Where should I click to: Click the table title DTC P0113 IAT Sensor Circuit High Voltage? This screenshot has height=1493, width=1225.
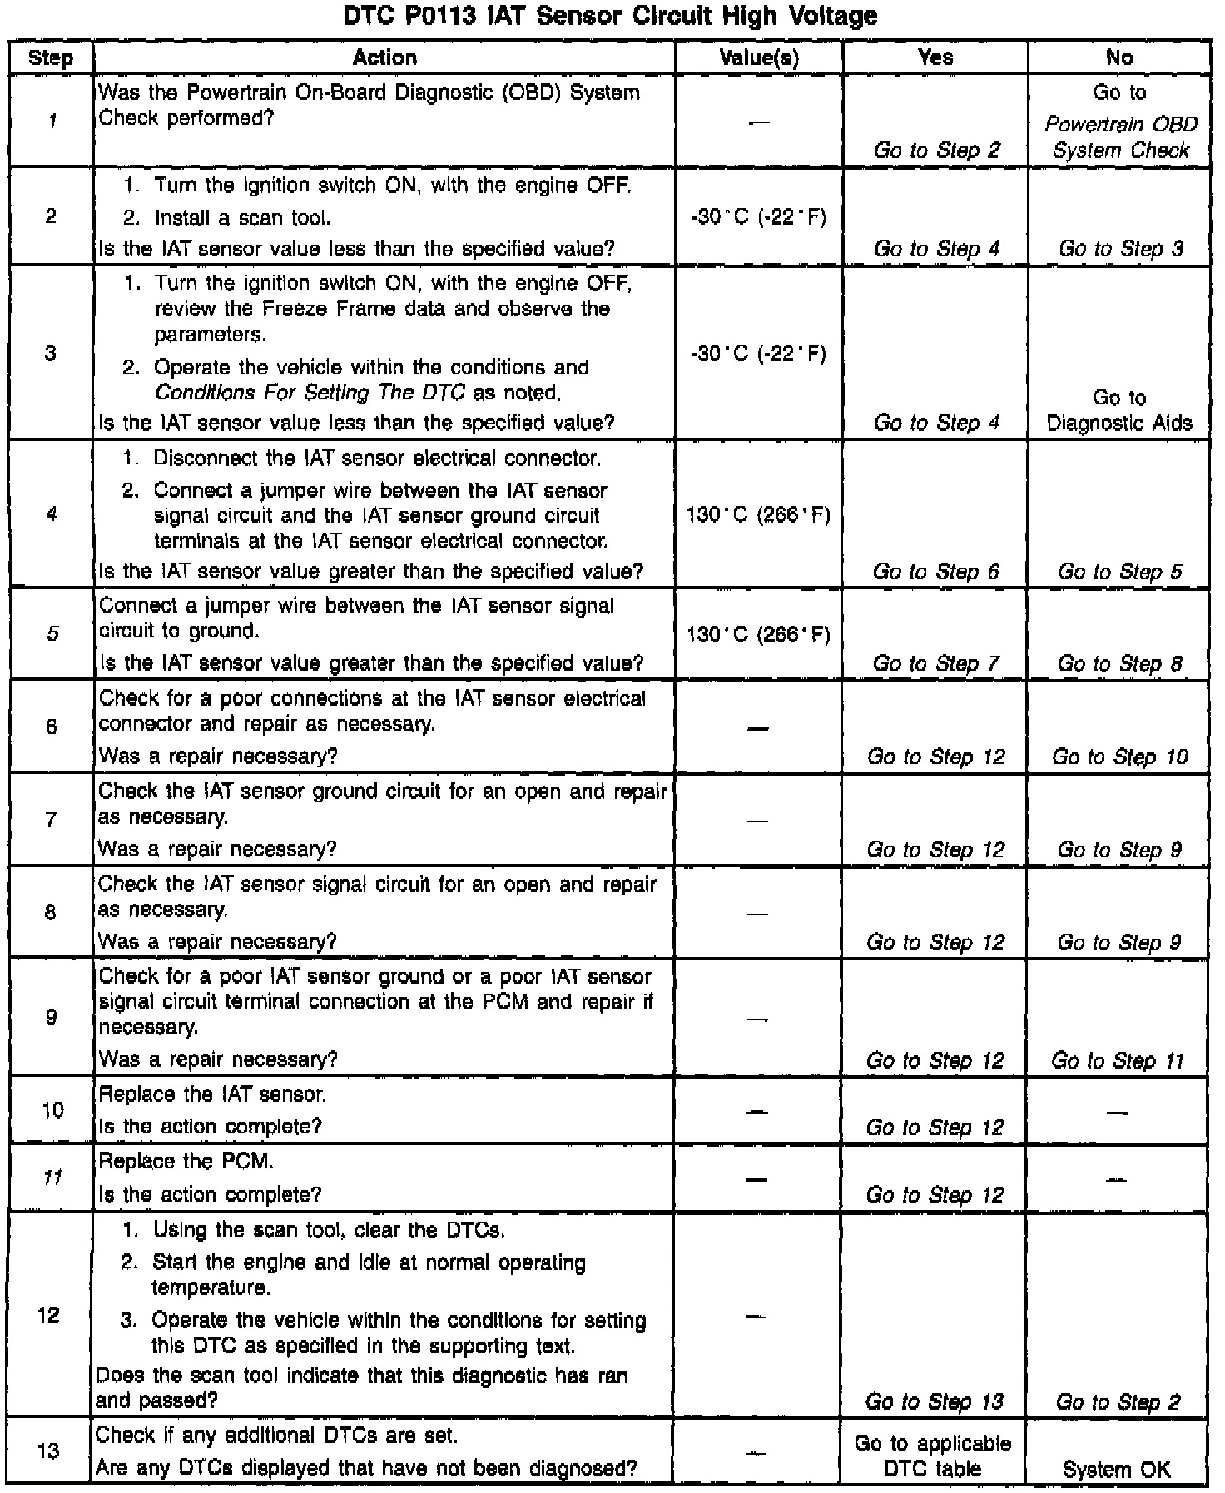611,16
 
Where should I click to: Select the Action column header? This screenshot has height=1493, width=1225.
384,57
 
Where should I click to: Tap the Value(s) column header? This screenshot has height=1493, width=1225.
758,57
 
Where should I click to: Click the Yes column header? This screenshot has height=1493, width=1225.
935,57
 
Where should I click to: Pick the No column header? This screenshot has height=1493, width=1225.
1119,57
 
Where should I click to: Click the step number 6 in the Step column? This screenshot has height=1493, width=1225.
52,727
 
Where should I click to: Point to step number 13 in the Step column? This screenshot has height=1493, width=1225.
49,1451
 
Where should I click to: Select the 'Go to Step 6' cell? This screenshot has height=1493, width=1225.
935,572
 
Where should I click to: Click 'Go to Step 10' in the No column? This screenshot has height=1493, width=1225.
1120,756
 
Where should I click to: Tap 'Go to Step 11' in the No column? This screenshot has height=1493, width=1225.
1118,1060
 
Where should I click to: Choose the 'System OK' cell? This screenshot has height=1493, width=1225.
1117,1469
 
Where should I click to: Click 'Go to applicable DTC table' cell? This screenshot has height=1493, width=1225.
933,1456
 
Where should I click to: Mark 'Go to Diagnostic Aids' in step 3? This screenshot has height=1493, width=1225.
1119,410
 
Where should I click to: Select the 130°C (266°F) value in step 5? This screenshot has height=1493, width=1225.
758,635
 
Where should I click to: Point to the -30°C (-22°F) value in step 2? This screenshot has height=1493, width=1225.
758,217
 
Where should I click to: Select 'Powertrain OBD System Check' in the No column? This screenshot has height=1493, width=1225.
1121,137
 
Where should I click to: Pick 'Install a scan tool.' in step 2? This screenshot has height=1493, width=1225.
242,218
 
